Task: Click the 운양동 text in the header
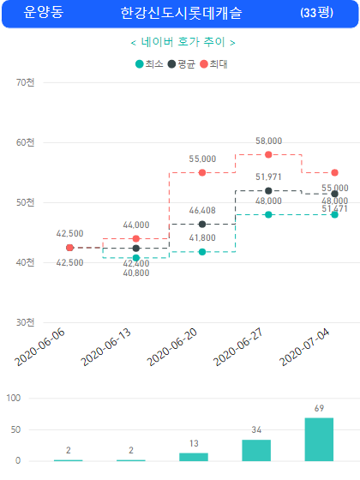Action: tap(44, 12)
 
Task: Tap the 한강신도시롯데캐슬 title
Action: tap(181, 13)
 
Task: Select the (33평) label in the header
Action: tap(316, 13)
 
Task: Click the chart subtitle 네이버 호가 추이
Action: tap(183, 42)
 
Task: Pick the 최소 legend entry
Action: tap(149, 64)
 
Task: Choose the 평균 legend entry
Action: tap(182, 64)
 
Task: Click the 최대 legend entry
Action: tap(213, 64)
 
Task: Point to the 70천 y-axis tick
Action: tap(25, 82)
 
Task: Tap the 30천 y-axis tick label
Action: tap(25, 322)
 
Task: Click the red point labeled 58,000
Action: tap(268, 154)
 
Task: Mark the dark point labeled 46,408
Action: tap(202, 224)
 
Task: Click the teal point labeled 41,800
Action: tap(202, 252)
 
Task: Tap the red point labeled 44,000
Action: tap(136, 238)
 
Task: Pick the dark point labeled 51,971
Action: tap(268, 190)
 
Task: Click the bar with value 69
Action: tap(319, 439)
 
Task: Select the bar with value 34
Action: tap(256, 450)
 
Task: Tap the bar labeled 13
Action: tap(194, 457)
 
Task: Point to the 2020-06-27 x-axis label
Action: tap(238, 347)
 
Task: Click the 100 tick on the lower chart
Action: tap(14, 398)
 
